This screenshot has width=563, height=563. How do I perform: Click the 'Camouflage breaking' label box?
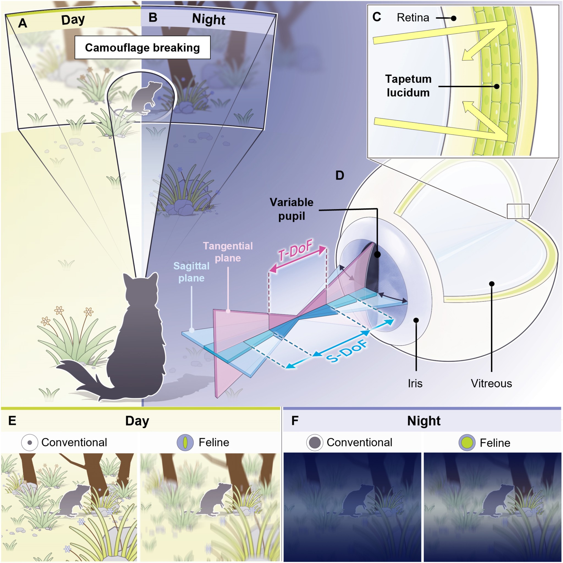point(142,48)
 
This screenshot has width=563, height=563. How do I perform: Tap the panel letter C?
point(377,17)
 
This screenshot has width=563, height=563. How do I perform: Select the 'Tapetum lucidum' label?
point(408,86)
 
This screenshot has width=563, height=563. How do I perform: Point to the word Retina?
point(413,18)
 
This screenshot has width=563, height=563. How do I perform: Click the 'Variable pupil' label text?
point(291,209)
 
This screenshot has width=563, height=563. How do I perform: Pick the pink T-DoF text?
point(295,250)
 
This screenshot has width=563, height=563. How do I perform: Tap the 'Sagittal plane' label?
point(191,272)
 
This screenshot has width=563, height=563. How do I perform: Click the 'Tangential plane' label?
point(228,252)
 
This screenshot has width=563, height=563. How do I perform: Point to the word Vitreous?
point(491,383)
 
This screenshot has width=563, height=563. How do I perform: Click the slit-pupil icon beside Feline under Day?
point(185,443)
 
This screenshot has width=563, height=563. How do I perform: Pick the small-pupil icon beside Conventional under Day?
point(29,443)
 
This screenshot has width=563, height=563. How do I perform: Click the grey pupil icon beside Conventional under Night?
point(315,443)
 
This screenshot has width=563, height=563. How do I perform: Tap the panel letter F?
point(295,421)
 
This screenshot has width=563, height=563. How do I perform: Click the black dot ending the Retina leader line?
point(454,18)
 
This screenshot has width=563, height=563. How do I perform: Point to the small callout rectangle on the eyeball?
point(518,211)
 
